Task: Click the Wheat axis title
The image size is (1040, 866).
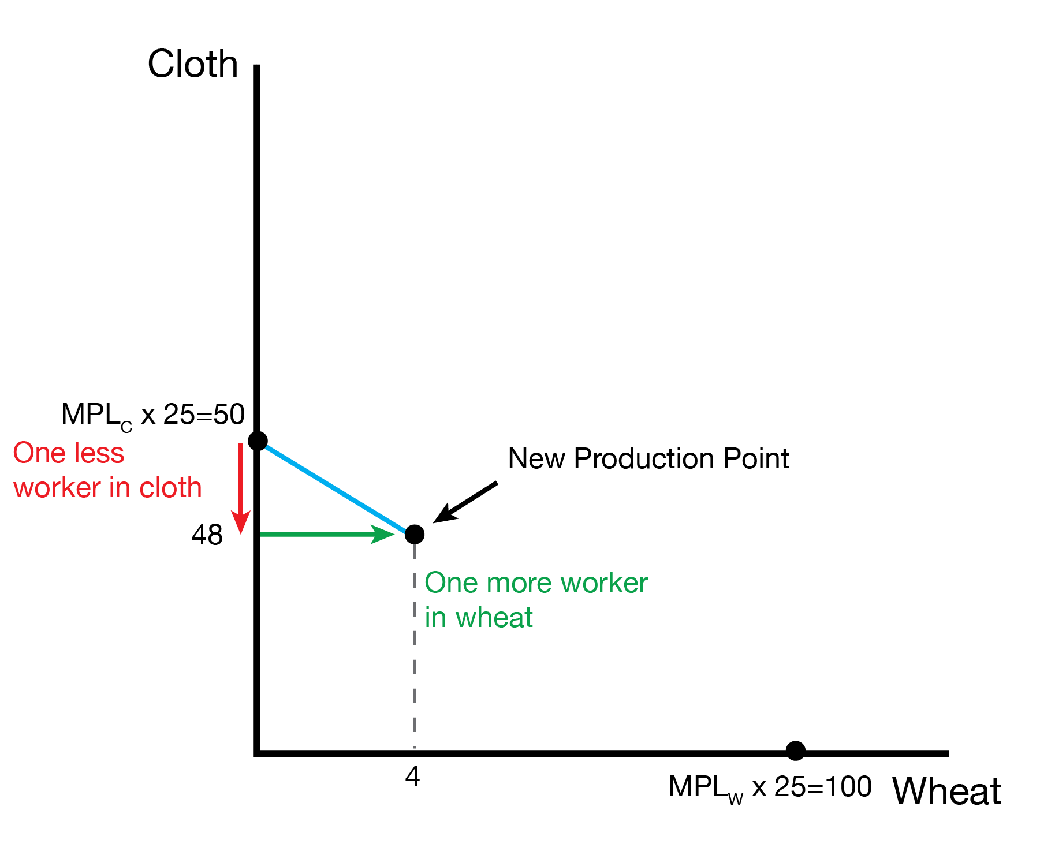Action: [946, 792]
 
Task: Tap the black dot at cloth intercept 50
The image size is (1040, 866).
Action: [258, 441]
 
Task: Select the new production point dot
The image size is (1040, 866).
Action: [415, 535]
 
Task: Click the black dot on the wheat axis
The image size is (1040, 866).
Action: [795, 751]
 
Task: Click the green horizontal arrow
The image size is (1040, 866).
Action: [326, 535]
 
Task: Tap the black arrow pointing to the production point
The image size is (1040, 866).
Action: [465, 502]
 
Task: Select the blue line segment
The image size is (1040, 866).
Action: [335, 488]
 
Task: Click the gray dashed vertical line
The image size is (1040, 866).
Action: [415, 647]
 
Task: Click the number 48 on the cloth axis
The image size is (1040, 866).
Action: [207, 536]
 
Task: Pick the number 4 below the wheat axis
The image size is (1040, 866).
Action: [412, 777]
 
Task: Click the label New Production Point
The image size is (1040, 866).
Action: [648, 459]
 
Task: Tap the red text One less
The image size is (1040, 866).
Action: [69, 453]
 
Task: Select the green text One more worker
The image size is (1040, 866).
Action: [536, 583]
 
